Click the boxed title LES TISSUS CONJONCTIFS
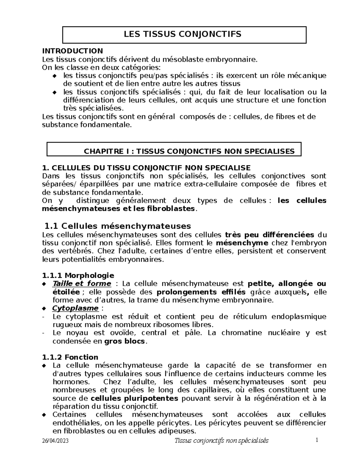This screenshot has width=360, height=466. click(183, 34)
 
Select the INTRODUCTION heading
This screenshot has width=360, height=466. click(72, 51)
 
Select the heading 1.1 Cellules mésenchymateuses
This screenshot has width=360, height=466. click(118, 226)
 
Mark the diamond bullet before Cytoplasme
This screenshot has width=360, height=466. click(44, 308)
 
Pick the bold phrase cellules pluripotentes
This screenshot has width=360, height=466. click(134, 398)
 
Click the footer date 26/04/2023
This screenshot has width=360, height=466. click(55, 441)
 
